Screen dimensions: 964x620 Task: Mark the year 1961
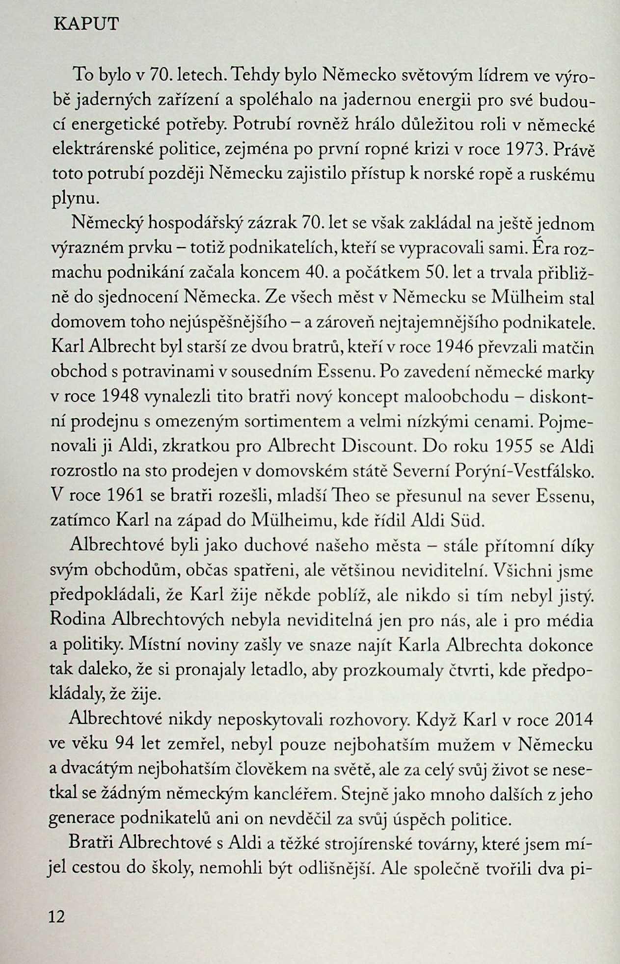[x=126, y=496]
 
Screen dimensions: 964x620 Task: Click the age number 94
[x=124, y=745]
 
